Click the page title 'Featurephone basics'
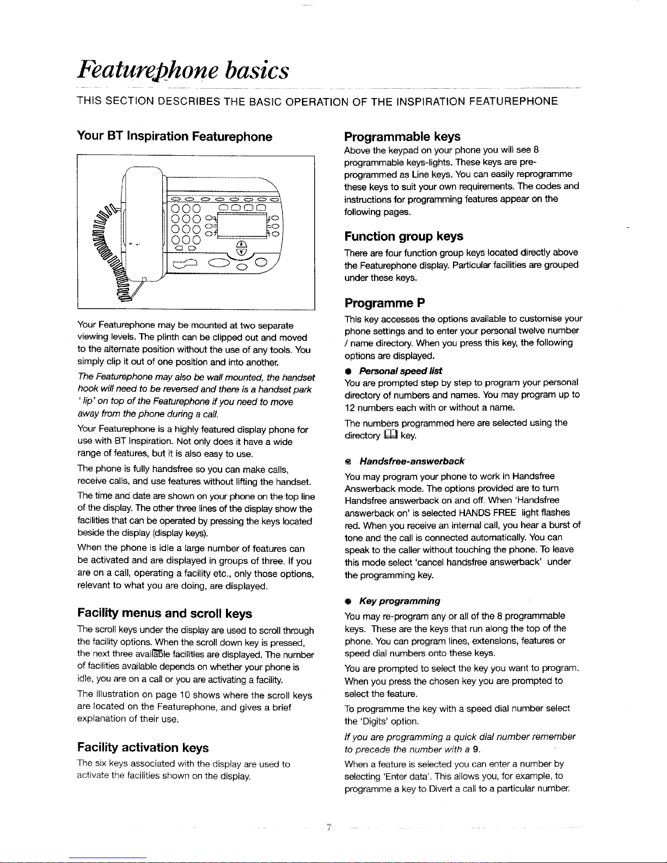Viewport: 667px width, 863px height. point(182,71)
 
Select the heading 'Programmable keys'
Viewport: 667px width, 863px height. point(402,136)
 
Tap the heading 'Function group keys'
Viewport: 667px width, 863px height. point(403,236)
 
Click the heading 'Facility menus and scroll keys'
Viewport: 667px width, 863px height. point(164,614)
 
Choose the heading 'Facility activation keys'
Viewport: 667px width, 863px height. point(143,747)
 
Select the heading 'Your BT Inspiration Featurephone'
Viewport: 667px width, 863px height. point(174,136)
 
